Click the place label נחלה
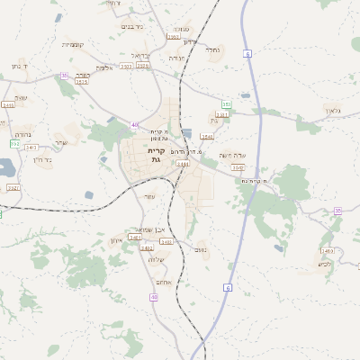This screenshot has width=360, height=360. click(212, 50)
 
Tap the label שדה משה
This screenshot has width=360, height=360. click(232, 155)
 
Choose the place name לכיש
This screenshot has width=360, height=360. click(325, 264)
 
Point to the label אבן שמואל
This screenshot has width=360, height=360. click(146, 229)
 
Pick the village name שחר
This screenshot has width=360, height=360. click(60, 143)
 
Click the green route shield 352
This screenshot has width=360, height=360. click(227, 104)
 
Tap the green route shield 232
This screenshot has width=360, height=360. click(15, 143)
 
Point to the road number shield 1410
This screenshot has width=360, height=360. click(327, 251)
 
